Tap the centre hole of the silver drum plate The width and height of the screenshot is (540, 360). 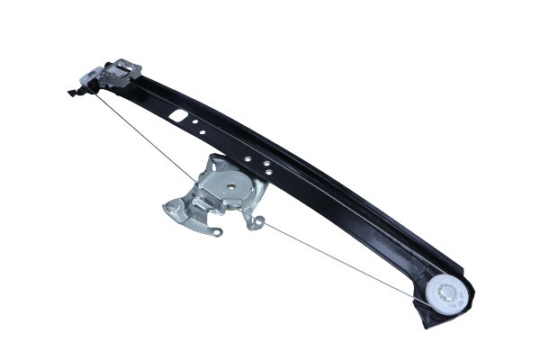pyautogui.click(x=230, y=187)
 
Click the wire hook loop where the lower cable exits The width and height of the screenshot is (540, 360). pyautogui.click(x=258, y=221)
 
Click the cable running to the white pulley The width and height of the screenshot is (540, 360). pyautogui.click(x=351, y=261)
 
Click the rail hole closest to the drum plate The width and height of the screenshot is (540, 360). pyautogui.click(x=267, y=174)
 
